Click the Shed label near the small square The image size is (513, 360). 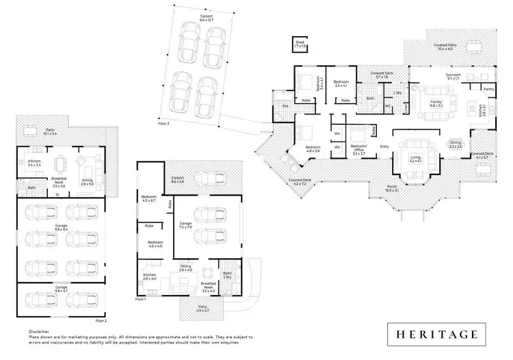(x=299, y=42)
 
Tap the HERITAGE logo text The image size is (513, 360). (x=435, y=334)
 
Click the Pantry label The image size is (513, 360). (x=488, y=89)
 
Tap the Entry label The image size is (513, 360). (x=384, y=145)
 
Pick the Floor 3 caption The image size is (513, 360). (x=163, y=124)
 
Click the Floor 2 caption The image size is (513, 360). (x=101, y=320)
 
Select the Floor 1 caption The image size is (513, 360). (x=141, y=299)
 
